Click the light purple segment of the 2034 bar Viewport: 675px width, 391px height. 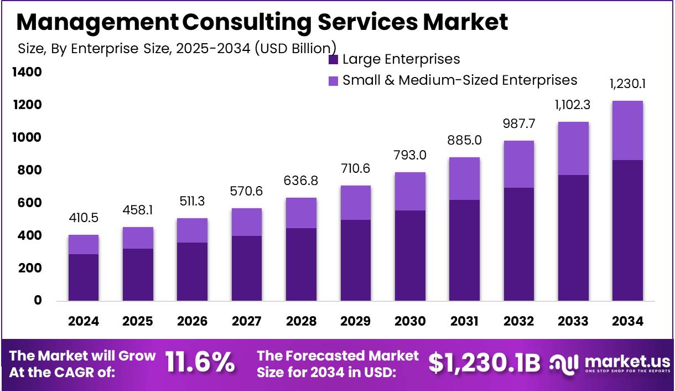(x=627, y=131)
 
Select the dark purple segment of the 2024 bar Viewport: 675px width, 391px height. (x=84, y=277)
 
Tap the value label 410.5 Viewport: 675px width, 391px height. (x=84, y=218)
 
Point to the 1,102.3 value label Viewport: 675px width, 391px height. (x=573, y=105)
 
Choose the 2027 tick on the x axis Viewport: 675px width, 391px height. (x=247, y=322)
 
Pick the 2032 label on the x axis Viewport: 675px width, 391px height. (x=519, y=322)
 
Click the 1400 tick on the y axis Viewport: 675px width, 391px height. (x=27, y=73)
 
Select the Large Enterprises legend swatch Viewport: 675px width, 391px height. (x=333, y=59)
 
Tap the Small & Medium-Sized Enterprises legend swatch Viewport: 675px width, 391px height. (x=333, y=81)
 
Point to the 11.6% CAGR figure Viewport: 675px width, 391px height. (x=200, y=363)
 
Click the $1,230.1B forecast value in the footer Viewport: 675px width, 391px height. (x=484, y=363)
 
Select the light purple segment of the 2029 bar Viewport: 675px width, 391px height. (x=356, y=203)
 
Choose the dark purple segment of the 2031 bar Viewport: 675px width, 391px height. (x=464, y=250)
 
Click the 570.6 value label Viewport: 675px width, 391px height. (x=247, y=192)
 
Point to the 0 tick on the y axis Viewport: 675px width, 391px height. (x=38, y=301)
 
